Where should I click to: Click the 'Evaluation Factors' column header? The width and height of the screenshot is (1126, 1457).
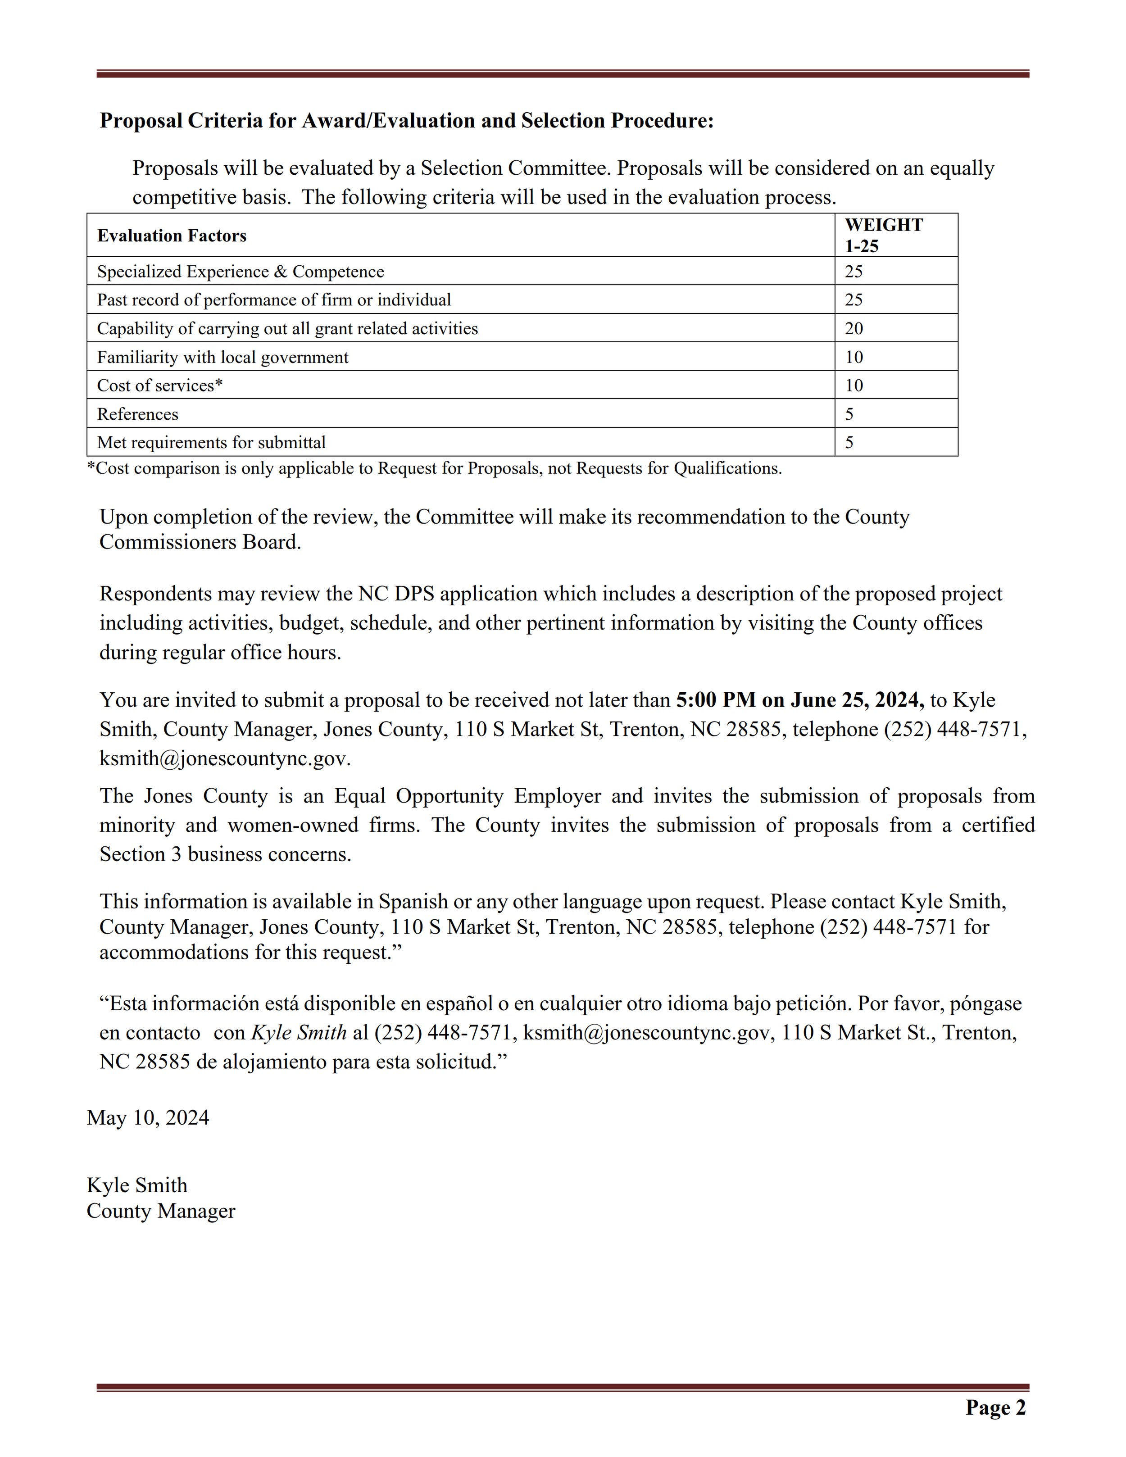click(172, 236)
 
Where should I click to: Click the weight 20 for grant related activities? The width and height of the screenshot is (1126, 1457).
click(854, 328)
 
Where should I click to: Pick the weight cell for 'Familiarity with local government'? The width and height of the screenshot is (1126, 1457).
click(854, 357)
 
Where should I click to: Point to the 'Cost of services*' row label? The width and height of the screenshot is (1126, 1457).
click(159, 386)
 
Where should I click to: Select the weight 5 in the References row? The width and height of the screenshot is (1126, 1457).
click(849, 414)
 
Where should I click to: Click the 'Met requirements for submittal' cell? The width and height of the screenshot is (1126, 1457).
click(211, 442)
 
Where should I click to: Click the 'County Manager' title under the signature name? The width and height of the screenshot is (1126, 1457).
click(161, 1211)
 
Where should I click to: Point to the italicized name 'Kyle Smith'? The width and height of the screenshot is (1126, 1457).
click(298, 1033)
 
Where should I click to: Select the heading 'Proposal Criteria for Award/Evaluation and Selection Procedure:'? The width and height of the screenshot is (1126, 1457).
click(406, 121)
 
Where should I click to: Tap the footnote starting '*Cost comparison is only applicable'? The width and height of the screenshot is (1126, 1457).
click(434, 468)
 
